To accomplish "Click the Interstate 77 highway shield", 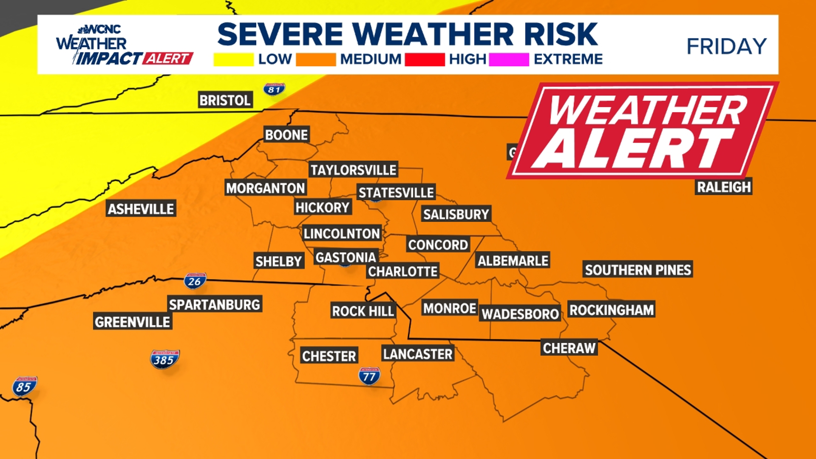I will [x=369, y=376].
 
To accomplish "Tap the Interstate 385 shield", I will [x=164, y=360].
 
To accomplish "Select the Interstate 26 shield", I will [x=195, y=281].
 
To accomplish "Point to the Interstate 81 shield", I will [x=274, y=89].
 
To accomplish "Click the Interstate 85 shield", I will [x=24, y=386].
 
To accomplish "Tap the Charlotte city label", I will [x=402, y=271].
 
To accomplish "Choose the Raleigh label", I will [x=724, y=187].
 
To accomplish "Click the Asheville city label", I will [x=141, y=209].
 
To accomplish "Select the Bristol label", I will [x=225, y=100].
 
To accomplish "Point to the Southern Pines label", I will [x=637, y=270].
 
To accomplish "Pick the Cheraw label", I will [x=569, y=348].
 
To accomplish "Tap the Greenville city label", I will [x=132, y=322].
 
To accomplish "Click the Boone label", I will [x=286, y=135].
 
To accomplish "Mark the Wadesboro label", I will [x=520, y=314].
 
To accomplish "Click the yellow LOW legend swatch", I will [x=233, y=59].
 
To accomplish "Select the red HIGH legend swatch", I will [x=424, y=59].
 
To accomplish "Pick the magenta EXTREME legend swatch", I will [x=509, y=59].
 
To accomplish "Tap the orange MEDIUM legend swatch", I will [x=316, y=59].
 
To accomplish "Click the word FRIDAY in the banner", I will [x=726, y=46].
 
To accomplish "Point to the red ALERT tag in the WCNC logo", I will [x=168, y=58].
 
